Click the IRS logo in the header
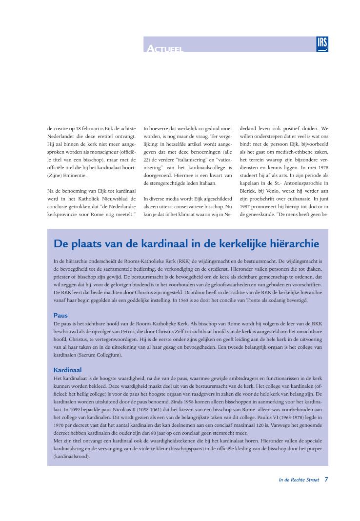point(322,44)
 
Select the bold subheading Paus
point(60,315)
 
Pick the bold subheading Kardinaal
point(67,370)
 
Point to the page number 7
point(326,480)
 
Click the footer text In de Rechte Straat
point(299,480)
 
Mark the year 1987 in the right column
point(246,207)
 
